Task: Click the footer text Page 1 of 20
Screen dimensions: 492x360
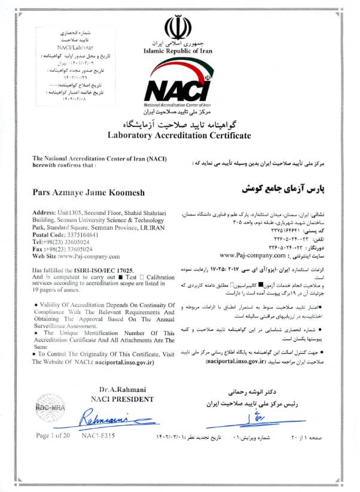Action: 53,436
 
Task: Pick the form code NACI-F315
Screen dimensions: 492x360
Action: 98,436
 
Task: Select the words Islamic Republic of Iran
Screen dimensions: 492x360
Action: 178,51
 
